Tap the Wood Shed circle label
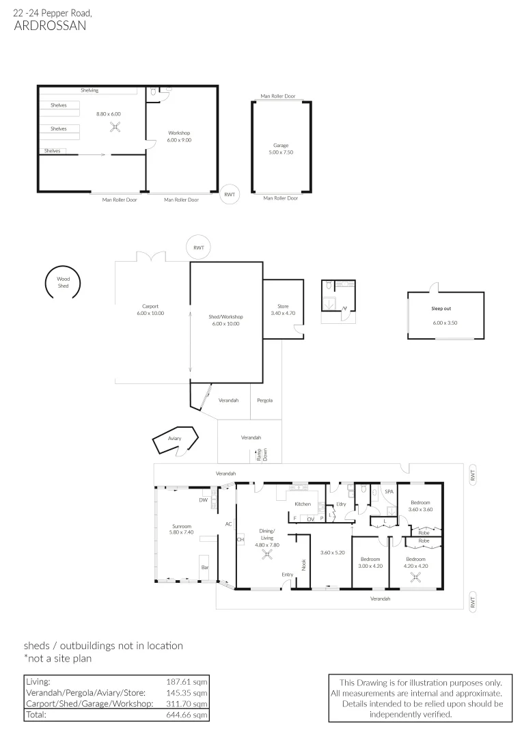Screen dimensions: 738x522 coord(63,282)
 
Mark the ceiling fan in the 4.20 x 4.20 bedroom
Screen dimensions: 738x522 coord(415,575)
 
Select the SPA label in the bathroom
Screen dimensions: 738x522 coord(389,491)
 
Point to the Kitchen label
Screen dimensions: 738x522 coord(303,504)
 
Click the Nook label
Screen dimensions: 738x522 coord(304,564)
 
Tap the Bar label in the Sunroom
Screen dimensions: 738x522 coord(204,567)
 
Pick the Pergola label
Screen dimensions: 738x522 coord(264,400)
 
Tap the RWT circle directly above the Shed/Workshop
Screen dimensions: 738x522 coord(198,247)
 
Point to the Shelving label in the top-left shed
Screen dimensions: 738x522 coord(90,90)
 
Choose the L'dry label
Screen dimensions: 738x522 coord(340,504)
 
